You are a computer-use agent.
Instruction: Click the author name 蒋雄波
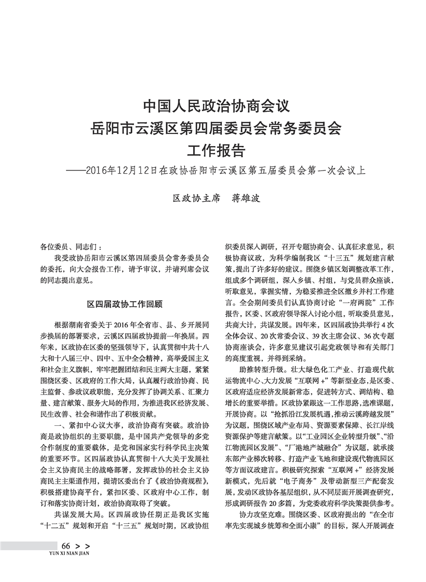[x=247, y=199]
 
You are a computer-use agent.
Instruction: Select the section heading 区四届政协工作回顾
[x=124, y=305]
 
